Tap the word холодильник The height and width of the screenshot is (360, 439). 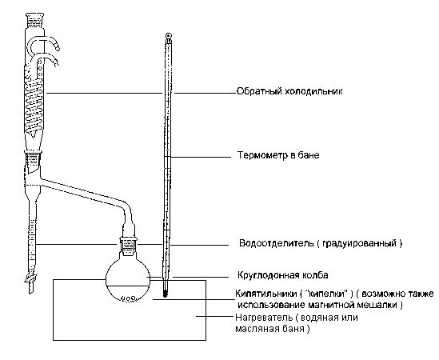pos(313,91)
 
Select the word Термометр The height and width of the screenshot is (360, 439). pos(262,155)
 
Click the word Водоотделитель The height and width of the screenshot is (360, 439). pos(277,243)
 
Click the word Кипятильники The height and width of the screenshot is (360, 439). pos(265,294)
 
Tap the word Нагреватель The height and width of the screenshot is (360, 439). pos(264,318)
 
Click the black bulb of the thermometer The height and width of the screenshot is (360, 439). pos(166,294)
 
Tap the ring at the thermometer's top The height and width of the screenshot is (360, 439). pos(168,36)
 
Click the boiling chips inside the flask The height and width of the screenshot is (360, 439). pos(129,298)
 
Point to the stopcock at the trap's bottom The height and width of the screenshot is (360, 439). pos(30,278)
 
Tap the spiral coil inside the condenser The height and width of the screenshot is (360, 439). pos(34,104)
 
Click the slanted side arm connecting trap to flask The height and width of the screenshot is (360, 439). pos(84,191)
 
